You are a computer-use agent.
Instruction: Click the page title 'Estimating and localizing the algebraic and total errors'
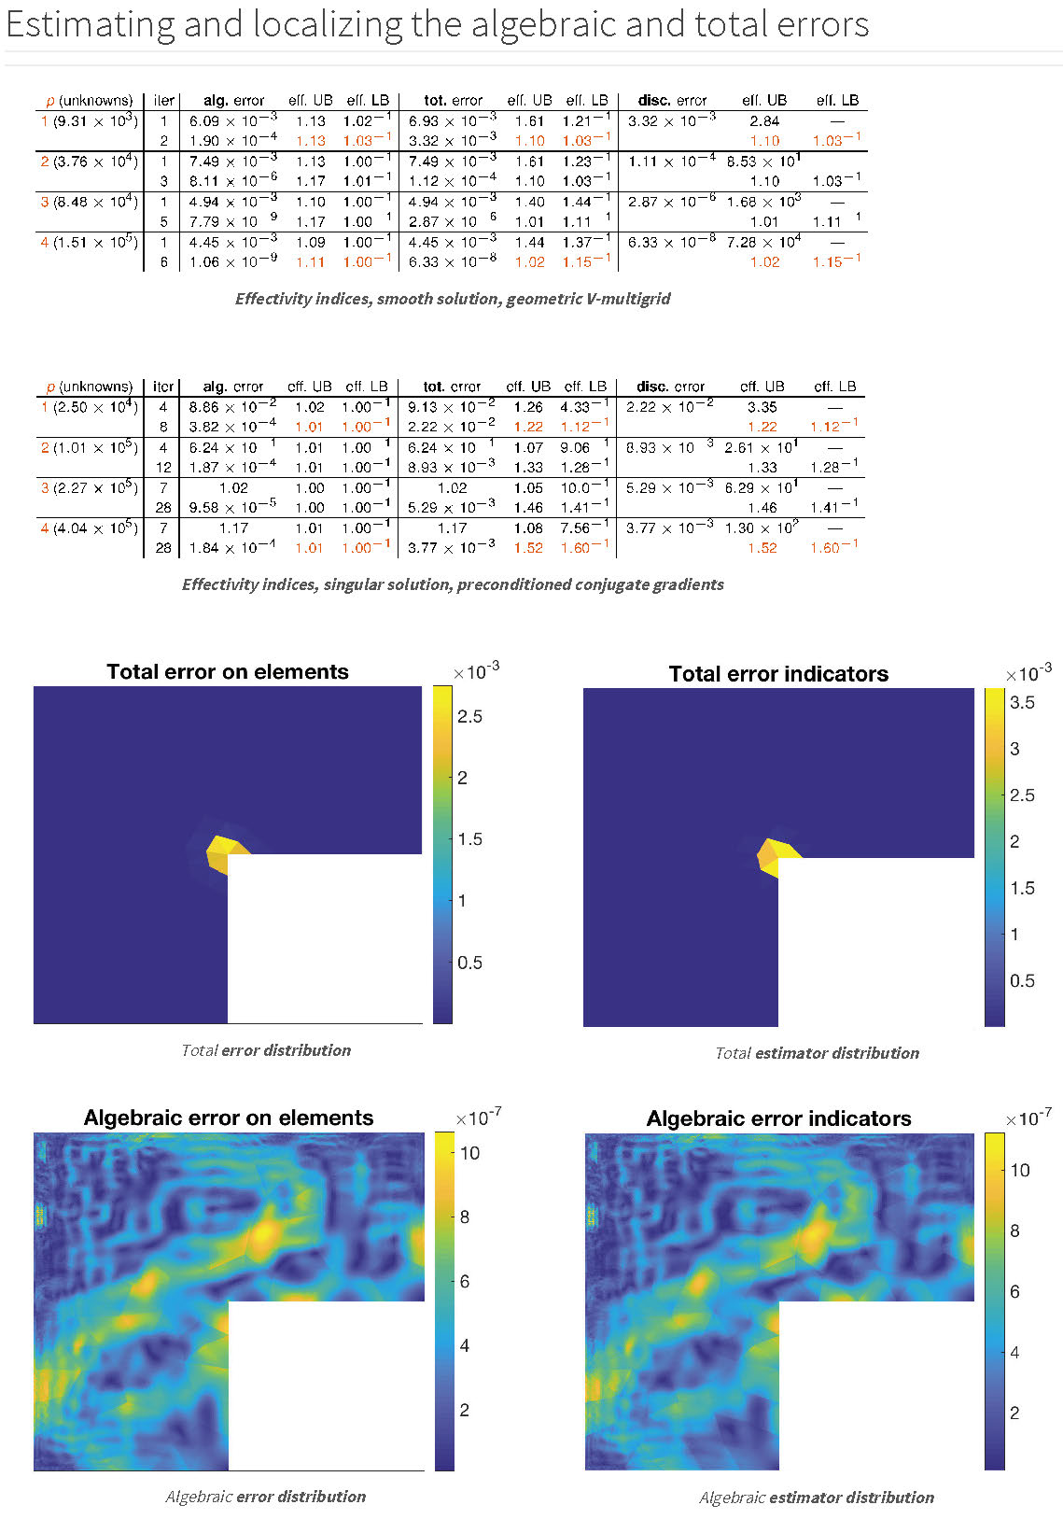(438, 24)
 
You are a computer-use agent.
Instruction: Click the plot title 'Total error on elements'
(228, 671)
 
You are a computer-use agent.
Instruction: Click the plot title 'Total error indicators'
(778, 673)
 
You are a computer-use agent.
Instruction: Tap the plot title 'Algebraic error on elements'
(229, 1118)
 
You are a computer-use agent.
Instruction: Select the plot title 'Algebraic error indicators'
(778, 1118)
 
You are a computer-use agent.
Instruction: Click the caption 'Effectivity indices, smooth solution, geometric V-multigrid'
(453, 299)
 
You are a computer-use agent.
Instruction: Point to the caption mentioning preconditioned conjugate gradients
(453, 584)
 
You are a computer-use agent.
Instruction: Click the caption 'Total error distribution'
(266, 1050)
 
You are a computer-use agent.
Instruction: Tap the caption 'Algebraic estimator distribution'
(817, 1498)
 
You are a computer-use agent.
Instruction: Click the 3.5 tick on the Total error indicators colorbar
(1022, 702)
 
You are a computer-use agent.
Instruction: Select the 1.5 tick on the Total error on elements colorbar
(469, 838)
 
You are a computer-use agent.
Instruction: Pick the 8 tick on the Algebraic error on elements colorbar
(465, 1217)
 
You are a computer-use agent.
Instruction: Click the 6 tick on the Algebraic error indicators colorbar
(1015, 1291)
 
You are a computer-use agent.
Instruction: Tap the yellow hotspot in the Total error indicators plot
(775, 854)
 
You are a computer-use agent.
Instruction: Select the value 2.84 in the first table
(764, 120)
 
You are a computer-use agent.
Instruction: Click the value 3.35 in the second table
(762, 407)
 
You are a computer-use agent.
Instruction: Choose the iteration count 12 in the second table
(163, 467)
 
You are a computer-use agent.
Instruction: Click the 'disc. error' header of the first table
(672, 100)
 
